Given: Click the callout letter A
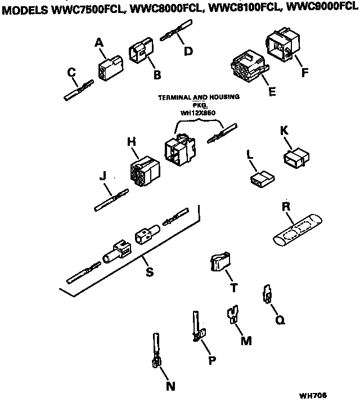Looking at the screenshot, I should [x=100, y=42].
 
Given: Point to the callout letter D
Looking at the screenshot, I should [x=188, y=51].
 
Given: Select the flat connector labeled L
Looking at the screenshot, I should [x=260, y=179].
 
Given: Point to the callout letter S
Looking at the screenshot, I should [x=150, y=273].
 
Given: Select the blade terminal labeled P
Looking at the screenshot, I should [x=196, y=328].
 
